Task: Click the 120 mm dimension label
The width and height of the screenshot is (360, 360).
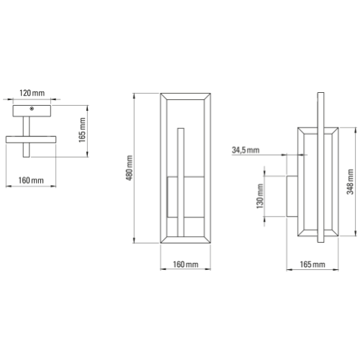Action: pyautogui.click(x=32, y=94)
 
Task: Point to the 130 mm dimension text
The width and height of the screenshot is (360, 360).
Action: pyautogui.click(x=258, y=195)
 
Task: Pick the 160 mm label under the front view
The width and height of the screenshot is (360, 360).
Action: pyautogui.click(x=186, y=266)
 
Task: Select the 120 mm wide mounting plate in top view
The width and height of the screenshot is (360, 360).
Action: pyautogui.click(x=32, y=110)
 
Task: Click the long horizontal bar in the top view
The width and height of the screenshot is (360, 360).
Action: pyautogui.click(x=32, y=138)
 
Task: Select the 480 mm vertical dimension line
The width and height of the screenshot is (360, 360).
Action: pyautogui.click(x=136, y=168)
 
